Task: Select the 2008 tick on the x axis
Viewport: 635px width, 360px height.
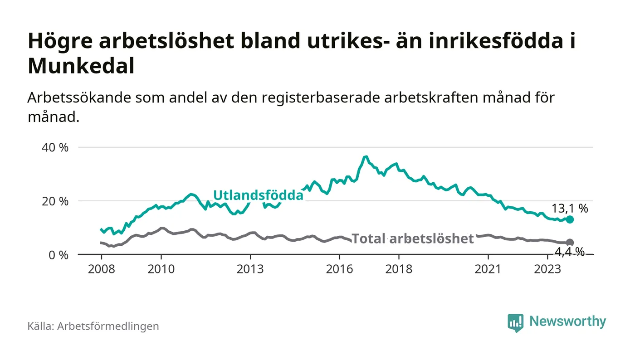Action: click(x=101, y=269)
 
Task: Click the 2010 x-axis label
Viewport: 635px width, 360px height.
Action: click(x=161, y=269)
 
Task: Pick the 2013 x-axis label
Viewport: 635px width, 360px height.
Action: click(x=250, y=269)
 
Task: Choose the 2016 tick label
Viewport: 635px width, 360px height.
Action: click(x=339, y=269)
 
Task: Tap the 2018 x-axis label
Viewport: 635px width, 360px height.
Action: click(x=399, y=269)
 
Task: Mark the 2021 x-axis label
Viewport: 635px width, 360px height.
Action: click(x=488, y=269)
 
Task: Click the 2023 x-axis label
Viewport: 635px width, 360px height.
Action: click(x=547, y=269)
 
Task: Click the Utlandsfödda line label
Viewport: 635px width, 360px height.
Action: click(x=258, y=195)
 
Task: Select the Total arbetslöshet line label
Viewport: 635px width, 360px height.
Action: click(x=413, y=238)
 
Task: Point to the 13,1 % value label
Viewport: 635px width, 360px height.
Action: click(x=570, y=209)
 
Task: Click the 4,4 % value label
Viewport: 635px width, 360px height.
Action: click(x=570, y=251)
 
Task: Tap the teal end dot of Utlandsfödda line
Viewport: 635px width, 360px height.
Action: click(x=570, y=219)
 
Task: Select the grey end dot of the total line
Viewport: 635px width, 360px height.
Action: click(x=570, y=243)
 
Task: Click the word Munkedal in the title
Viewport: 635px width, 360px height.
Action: click(x=81, y=67)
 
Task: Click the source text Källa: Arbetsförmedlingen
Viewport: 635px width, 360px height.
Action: click(x=93, y=326)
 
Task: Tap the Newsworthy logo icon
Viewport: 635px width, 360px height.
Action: click(x=515, y=322)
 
